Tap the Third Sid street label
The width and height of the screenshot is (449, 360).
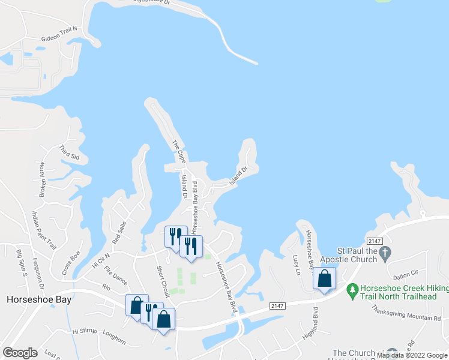tap(69, 152)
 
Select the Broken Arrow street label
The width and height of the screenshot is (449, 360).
tap(42, 179)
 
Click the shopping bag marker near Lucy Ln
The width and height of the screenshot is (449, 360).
tap(324, 278)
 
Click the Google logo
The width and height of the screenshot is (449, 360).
tap(20, 353)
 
